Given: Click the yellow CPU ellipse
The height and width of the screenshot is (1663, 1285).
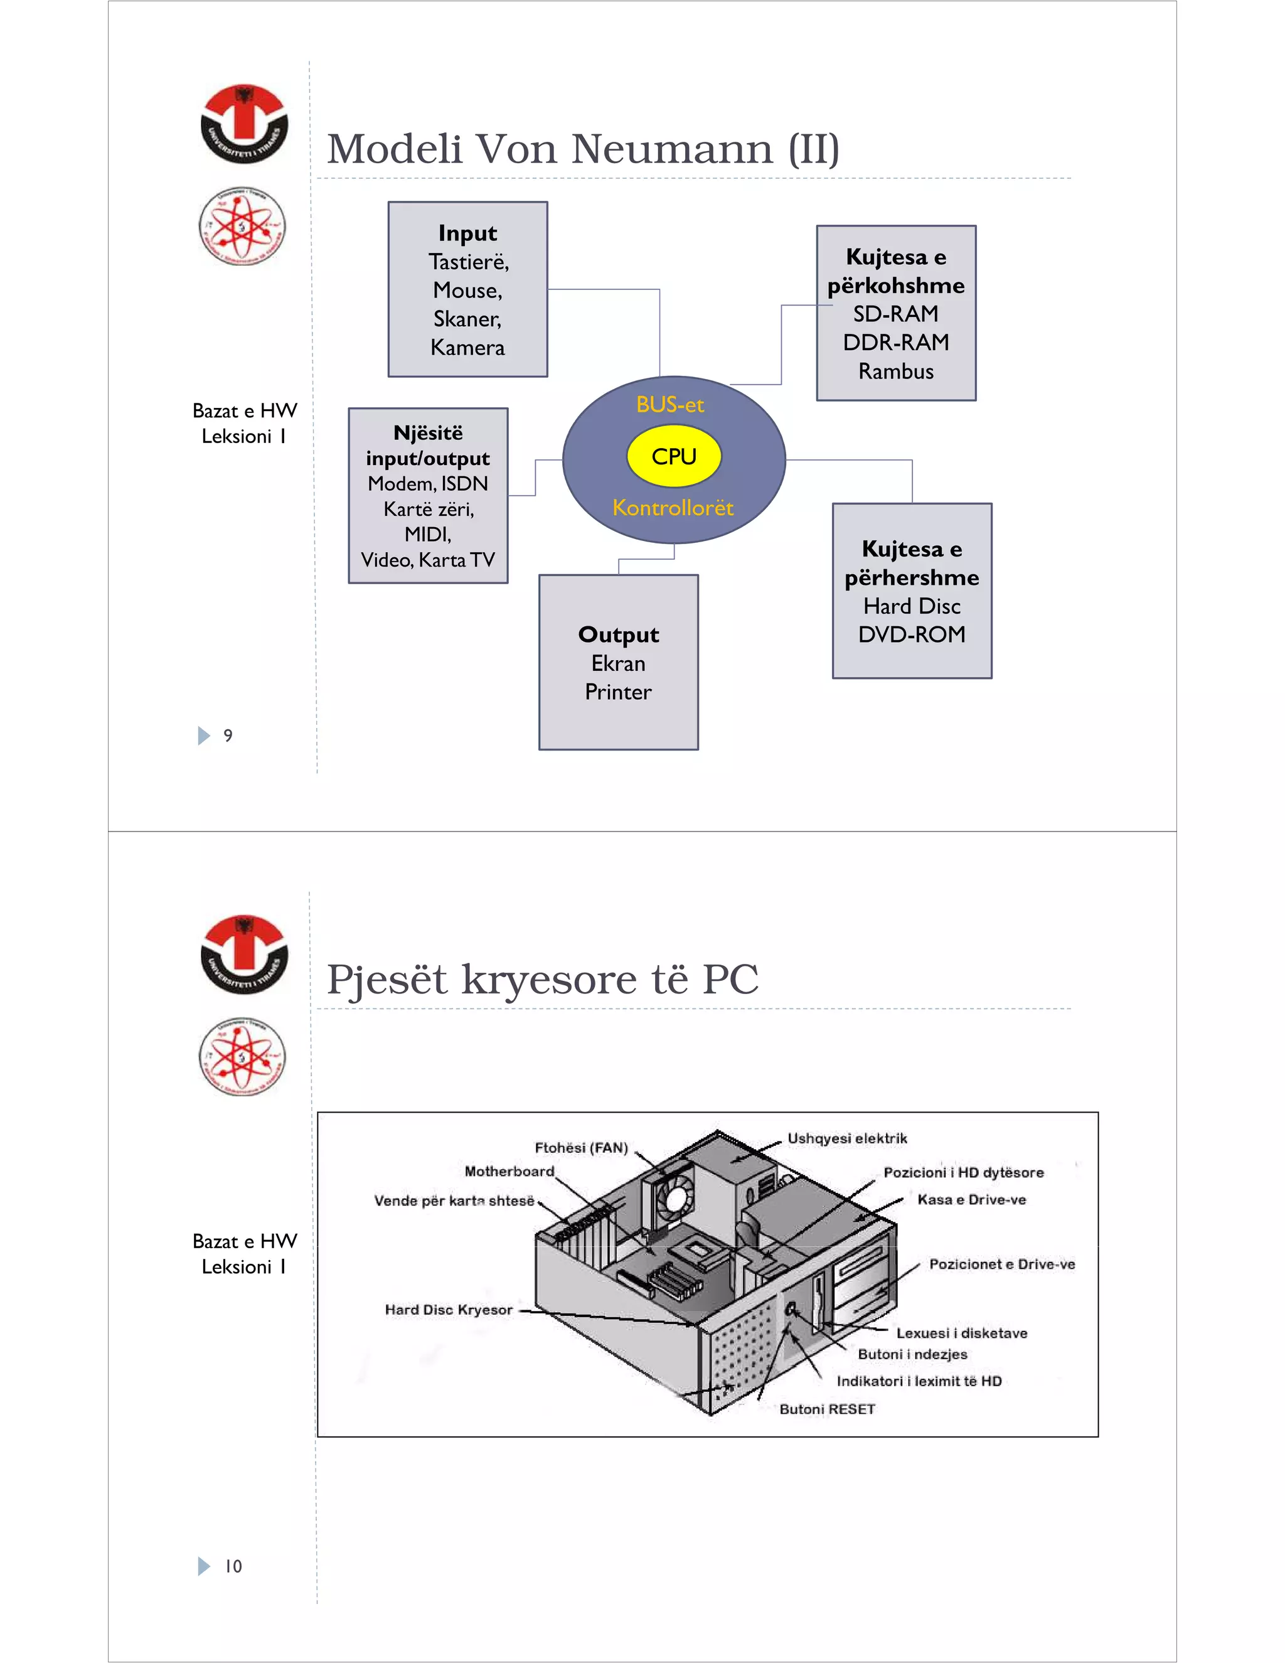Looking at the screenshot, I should click(674, 456).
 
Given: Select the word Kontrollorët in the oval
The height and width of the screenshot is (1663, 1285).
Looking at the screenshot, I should click(673, 507).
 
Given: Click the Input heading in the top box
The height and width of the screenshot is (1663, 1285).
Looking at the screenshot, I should click(467, 233).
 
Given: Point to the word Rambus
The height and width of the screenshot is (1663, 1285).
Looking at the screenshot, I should click(896, 372).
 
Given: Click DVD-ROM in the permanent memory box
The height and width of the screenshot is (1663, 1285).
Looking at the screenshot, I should click(911, 634).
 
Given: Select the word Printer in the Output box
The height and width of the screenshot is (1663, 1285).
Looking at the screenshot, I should click(618, 692).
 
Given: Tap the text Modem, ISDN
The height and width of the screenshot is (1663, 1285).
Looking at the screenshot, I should click(428, 483).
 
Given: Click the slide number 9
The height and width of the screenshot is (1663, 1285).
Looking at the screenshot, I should click(228, 735).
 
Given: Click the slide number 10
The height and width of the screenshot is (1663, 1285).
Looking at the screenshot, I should click(233, 1566).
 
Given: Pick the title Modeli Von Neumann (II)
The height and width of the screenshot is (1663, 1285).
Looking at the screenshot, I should click(583, 149).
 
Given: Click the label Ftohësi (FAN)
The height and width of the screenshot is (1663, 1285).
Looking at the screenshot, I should click(581, 1148).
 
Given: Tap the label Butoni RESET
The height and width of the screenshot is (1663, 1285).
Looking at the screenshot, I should click(827, 1409).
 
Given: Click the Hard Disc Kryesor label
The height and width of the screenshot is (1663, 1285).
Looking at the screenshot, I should click(449, 1310).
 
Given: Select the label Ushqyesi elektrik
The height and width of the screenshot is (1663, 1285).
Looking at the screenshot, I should click(847, 1138).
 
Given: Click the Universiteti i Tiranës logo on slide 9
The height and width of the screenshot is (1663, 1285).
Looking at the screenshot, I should click(243, 124).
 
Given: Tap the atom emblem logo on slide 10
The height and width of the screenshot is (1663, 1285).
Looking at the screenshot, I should click(242, 1057).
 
